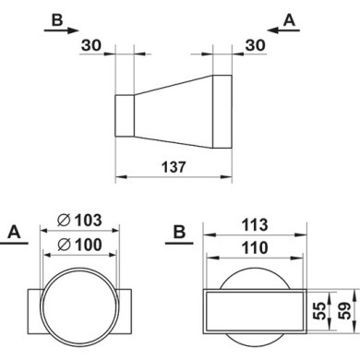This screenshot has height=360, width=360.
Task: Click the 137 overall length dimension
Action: (174, 167)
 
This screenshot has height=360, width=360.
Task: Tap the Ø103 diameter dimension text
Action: (79, 221)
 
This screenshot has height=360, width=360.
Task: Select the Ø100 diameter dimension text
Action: (79, 245)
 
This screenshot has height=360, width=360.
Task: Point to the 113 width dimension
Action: (255, 225)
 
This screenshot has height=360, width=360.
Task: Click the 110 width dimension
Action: (255, 248)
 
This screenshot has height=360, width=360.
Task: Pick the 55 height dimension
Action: (320, 311)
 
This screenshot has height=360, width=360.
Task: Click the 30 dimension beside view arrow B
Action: (91, 45)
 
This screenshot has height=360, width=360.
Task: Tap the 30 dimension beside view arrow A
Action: (255, 45)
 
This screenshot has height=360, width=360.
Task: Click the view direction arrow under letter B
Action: (62, 30)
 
